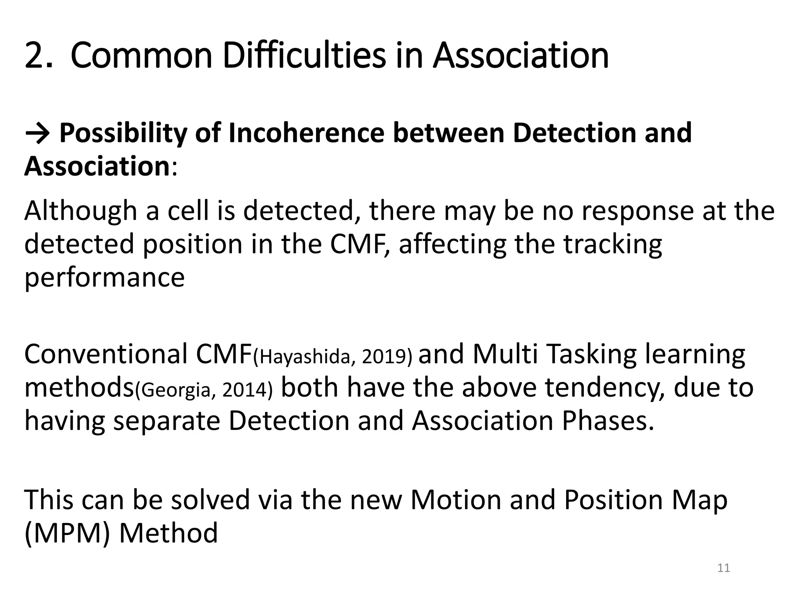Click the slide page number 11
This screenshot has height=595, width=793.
(724, 568)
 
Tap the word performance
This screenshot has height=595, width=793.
(105, 278)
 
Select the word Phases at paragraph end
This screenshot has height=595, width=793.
(608, 421)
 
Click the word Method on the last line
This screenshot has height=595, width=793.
(168, 533)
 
